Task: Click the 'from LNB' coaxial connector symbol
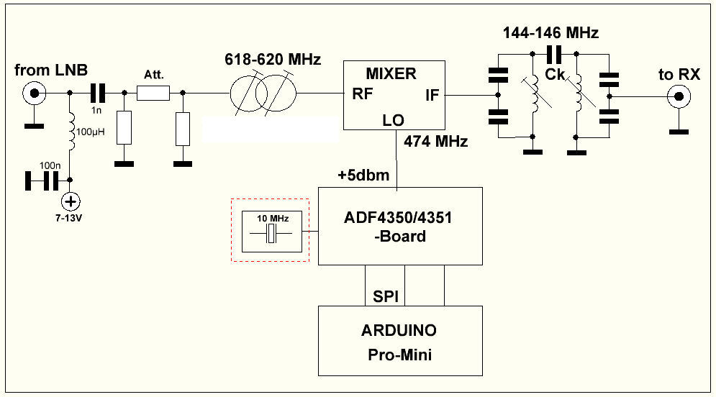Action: pyautogui.click(x=32, y=93)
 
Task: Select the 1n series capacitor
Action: pyautogui.click(x=97, y=93)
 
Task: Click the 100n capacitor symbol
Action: pyautogui.click(x=41, y=181)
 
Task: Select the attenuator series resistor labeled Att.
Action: pyautogui.click(x=153, y=93)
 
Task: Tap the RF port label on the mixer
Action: pyautogui.click(x=362, y=93)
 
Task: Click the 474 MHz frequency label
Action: pyautogui.click(x=437, y=141)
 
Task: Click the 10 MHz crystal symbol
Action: pyautogui.click(x=271, y=234)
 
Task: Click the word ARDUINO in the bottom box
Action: pyautogui.click(x=399, y=331)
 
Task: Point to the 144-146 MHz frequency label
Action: pyautogui.click(x=550, y=32)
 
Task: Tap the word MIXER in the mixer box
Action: pyautogui.click(x=391, y=73)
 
